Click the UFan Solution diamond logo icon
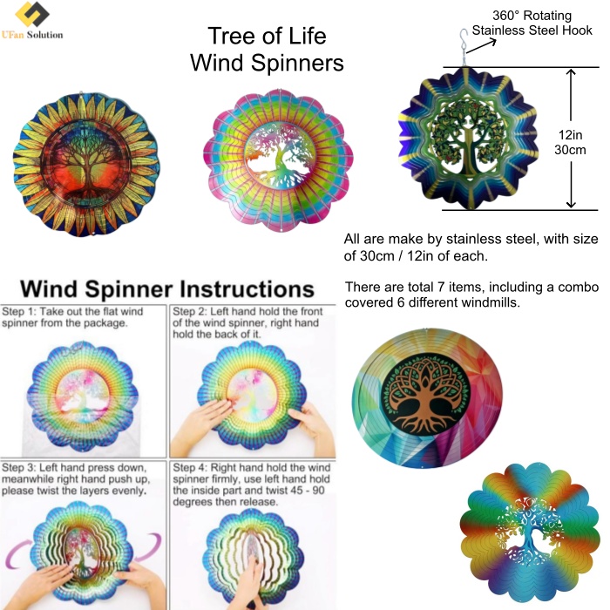click(x=32, y=14)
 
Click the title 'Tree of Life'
click(x=267, y=36)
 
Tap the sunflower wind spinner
click(x=86, y=165)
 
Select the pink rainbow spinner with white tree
click(x=278, y=160)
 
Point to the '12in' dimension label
click(x=570, y=135)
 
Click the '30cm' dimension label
click(x=570, y=150)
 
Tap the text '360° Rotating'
click(x=532, y=16)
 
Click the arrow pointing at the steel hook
click(x=481, y=45)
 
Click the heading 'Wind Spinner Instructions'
click(x=167, y=289)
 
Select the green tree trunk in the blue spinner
click(x=470, y=152)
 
